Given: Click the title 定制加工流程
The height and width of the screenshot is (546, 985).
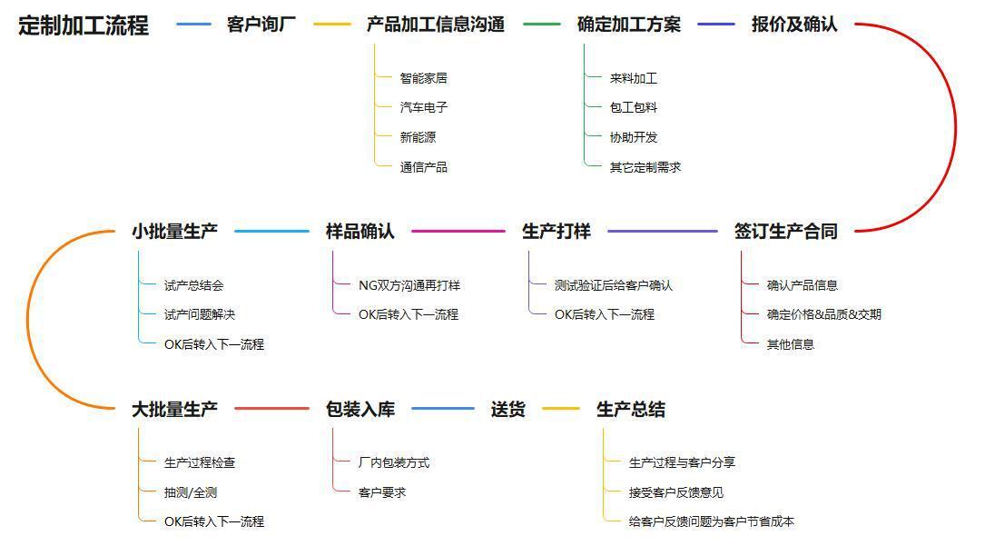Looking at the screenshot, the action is [84, 25].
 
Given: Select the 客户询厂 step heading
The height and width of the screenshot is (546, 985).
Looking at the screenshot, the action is [261, 25].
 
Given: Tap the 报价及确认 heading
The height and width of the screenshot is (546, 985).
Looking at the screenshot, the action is [794, 25].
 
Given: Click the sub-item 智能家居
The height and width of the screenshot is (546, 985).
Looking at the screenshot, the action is [423, 78].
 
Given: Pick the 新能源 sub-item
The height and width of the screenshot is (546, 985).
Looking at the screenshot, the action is [418, 137].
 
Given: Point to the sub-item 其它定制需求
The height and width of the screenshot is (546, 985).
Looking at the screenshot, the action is [645, 167].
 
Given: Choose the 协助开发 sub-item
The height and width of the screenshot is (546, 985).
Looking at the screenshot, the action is [634, 137].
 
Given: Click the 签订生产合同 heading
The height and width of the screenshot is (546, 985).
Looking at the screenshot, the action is [786, 232].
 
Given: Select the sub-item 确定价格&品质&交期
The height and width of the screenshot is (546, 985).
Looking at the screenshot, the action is [823, 314].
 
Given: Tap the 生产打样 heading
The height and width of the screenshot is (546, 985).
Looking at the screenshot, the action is [556, 232].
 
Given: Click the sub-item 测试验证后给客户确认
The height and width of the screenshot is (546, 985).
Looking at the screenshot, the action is [613, 285].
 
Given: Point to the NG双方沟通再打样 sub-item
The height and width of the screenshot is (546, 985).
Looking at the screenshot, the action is [409, 285].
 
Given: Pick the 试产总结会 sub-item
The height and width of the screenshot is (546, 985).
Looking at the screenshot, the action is [193, 285].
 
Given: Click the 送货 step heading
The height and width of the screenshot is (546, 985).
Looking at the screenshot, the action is [507, 409].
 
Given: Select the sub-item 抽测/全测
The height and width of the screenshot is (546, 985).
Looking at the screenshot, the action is [191, 492].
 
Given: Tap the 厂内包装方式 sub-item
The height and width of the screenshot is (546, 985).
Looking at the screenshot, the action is [394, 462].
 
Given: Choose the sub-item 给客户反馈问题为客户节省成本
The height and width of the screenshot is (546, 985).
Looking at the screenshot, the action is [711, 521].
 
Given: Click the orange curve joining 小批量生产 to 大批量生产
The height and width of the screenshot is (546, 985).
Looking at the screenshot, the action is [27, 320].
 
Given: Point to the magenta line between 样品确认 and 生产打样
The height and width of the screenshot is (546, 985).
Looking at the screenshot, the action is [458, 232].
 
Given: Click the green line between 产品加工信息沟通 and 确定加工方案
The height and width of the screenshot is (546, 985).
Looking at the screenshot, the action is [541, 25].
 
